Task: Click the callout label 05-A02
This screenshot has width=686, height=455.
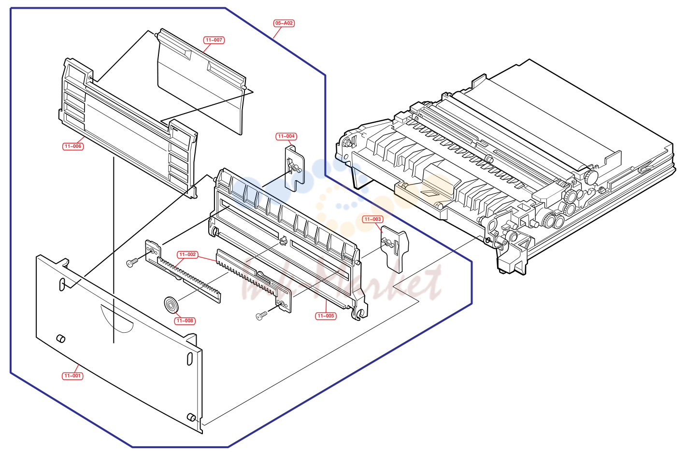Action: tap(284, 23)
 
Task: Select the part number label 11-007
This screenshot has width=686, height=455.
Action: tap(214, 40)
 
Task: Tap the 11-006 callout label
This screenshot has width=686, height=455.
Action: tap(73, 146)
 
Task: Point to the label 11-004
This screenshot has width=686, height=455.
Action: tap(286, 136)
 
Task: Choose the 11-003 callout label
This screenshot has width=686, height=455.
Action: tap(372, 219)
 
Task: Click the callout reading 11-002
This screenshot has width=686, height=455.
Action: tap(187, 255)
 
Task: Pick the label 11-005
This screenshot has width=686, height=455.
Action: tap(326, 316)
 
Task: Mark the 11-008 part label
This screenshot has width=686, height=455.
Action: tap(185, 321)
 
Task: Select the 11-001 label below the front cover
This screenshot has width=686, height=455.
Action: tap(72, 376)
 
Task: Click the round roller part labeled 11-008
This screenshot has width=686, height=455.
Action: tap(171, 305)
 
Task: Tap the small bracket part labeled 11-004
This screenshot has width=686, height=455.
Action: tap(295, 168)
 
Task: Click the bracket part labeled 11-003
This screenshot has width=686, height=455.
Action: tap(394, 250)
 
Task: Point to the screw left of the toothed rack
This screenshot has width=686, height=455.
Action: tap(132, 263)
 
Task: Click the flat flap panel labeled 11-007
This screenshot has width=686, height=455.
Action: tap(202, 82)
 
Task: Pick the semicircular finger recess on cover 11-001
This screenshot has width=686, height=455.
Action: tap(117, 320)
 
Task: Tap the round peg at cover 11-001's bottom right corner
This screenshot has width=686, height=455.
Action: tap(191, 417)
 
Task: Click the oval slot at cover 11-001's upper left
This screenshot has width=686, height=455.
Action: tap(62, 284)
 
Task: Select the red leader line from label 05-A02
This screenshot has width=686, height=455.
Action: tap(277, 32)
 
